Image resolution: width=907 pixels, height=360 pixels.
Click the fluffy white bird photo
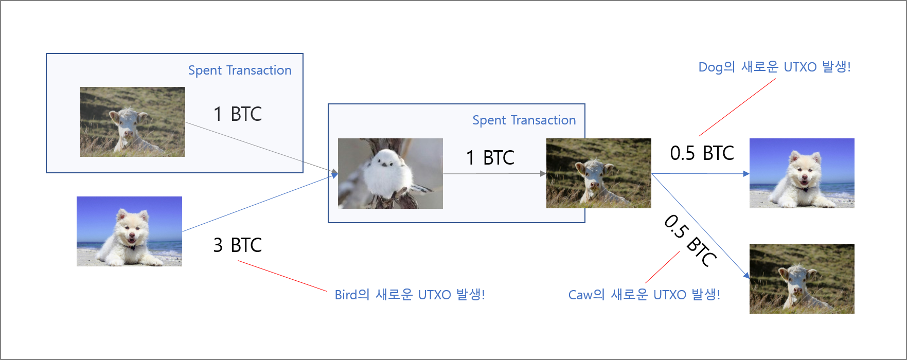point(390,173)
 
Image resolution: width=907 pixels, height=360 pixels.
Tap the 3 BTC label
point(237,245)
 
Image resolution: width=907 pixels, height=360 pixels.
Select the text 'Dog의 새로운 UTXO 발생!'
point(774,67)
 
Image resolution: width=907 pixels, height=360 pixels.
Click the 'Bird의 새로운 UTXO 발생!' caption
point(410,295)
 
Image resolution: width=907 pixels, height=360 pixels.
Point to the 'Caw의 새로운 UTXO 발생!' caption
point(644,295)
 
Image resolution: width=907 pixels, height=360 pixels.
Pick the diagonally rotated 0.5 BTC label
point(690,240)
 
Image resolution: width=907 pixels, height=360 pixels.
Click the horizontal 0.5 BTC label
point(702,153)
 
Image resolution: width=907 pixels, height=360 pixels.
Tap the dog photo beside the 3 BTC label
point(129,231)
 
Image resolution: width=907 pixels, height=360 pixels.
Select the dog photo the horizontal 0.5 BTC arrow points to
point(802,173)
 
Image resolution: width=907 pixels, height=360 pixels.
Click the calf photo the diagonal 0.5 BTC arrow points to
point(802,279)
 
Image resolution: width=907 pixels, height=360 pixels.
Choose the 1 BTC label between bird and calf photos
point(490,158)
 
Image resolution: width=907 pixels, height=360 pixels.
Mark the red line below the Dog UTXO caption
point(737,107)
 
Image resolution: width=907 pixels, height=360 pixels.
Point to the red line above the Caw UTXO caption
point(663,267)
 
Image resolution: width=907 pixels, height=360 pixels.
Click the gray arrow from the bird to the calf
point(494,174)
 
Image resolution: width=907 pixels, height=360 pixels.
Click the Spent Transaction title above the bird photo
point(524,120)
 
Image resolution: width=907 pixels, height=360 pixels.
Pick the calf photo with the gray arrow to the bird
point(132,122)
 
